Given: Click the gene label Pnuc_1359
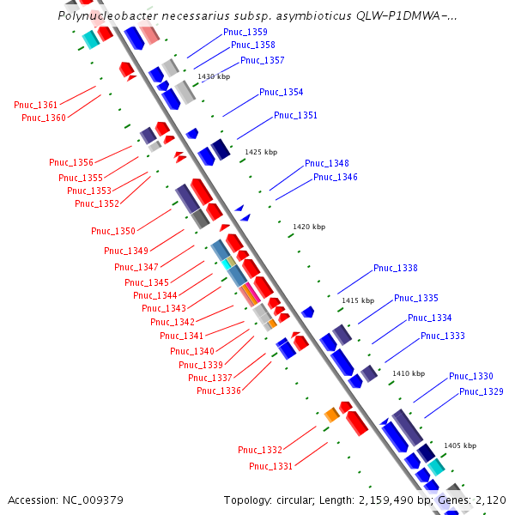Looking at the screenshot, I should point(245,32).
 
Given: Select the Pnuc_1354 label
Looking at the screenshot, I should point(281,92).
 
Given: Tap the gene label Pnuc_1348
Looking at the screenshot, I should point(326,163).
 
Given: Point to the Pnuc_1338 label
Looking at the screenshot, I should point(395,269).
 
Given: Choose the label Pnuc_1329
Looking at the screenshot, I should point(481,392).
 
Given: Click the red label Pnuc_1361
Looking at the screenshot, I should point(36,105).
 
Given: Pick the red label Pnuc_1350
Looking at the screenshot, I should point(113,231).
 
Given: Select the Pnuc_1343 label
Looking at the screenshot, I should point(163,309).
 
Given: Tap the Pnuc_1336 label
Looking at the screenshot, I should point(218,391).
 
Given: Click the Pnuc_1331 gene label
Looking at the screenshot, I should point(270,466).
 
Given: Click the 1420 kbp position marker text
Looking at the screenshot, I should point(309,227).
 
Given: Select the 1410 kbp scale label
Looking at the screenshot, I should point(409,374).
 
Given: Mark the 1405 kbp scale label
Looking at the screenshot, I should point(460,446).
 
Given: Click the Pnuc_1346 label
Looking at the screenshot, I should point(335,177).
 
